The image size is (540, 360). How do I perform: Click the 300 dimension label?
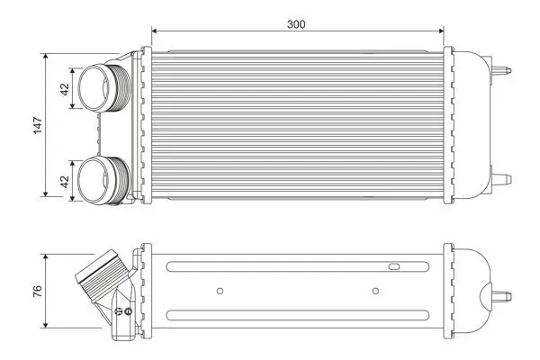tap(296, 24)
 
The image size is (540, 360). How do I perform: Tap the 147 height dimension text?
tap(37, 125)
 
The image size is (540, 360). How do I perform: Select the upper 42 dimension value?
tap(63, 88)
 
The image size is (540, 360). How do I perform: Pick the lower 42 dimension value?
tap(63, 180)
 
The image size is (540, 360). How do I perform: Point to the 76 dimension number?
tap(37, 290)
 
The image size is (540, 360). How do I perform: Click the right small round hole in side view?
tap(375, 290)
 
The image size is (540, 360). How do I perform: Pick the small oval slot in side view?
tap(393, 266)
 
